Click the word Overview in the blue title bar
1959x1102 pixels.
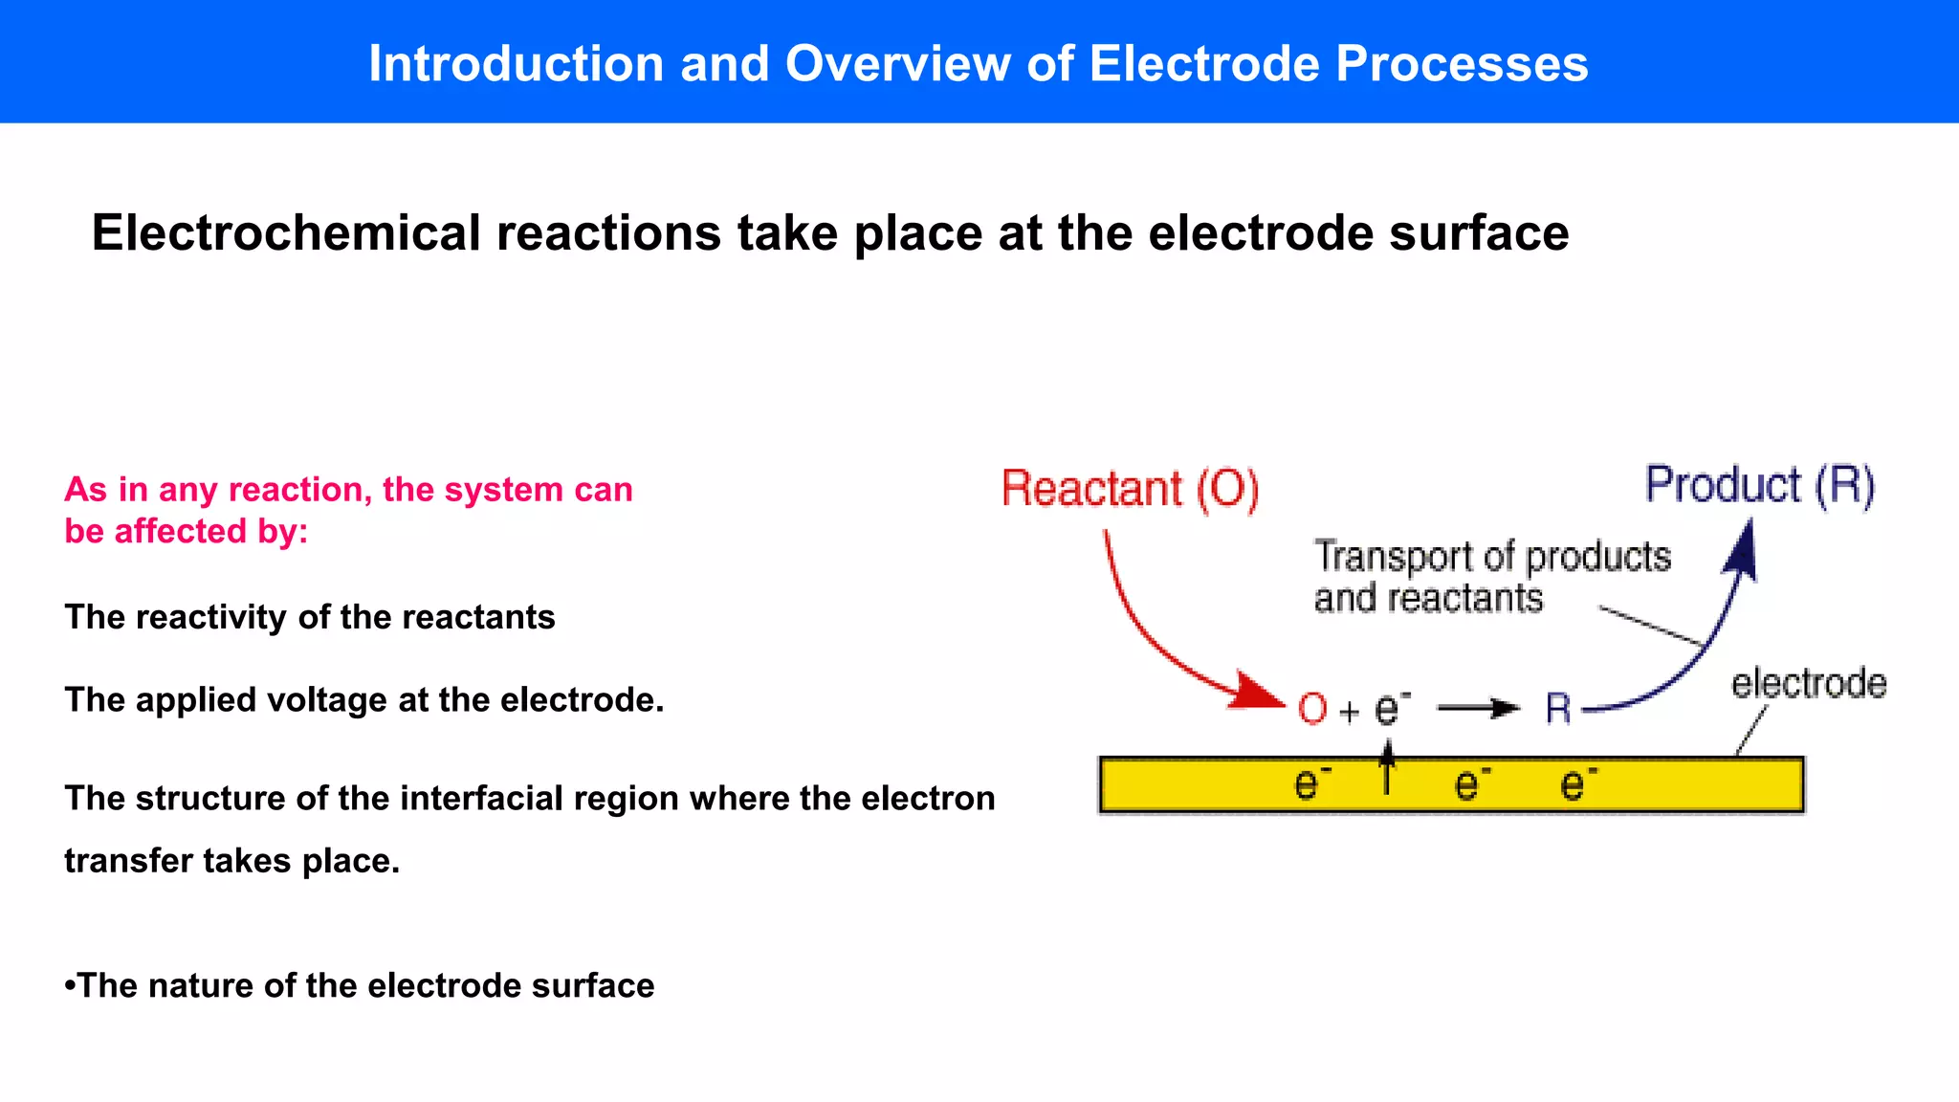point(897,64)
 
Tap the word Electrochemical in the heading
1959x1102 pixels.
point(286,233)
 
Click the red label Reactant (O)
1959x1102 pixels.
point(1130,489)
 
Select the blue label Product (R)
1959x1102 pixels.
point(1759,485)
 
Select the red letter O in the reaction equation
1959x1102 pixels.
point(1312,710)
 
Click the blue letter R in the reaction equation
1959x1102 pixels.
point(1557,709)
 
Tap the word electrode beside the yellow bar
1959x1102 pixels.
point(1808,684)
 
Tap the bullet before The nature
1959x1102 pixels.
point(70,986)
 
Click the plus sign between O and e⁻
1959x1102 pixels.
point(1349,712)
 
